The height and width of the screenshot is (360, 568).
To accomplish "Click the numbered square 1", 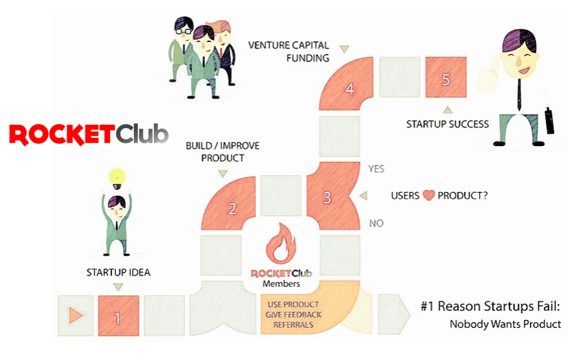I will coord(118,315).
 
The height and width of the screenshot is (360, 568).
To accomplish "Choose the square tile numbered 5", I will coord(445,77).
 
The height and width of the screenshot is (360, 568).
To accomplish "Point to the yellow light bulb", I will coord(118,178).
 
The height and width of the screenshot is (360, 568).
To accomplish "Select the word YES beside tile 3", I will coord(377,169).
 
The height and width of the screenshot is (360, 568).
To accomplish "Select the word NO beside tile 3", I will coord(376,223).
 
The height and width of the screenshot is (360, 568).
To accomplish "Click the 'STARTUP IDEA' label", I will coord(118,272).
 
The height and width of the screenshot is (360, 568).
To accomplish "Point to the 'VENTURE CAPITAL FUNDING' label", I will coord(289,51).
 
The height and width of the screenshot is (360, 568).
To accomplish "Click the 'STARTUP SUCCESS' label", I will coord(447,124).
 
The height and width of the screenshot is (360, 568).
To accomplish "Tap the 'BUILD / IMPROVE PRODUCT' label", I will coord(221,151).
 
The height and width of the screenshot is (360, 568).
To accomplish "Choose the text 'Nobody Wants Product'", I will coord(505,325).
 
